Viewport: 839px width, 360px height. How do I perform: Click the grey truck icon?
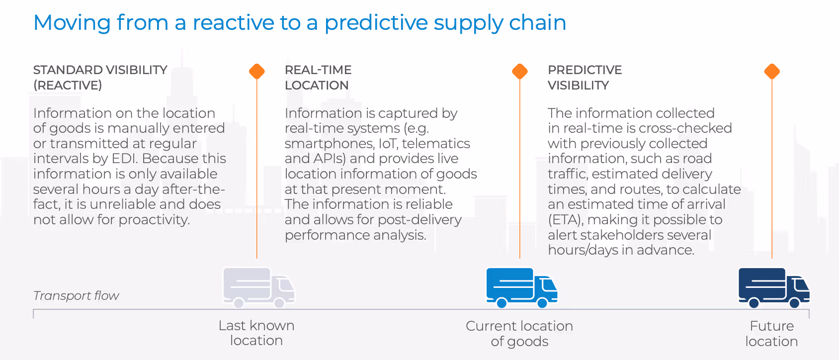tap(258, 287)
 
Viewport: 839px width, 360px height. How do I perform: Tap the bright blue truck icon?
tap(521, 287)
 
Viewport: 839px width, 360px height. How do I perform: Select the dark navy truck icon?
tap(773, 287)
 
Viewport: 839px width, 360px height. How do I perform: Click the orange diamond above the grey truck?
tap(257, 72)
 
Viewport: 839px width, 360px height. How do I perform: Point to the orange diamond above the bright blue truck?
tap(520, 72)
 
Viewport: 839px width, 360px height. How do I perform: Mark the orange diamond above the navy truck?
tap(772, 72)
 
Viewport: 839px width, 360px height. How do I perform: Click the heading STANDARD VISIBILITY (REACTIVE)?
tap(100, 78)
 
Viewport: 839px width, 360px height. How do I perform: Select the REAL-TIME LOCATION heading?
tap(318, 78)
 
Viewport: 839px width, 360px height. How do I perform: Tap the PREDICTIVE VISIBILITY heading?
tap(585, 78)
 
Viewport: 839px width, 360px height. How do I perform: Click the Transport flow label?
tap(76, 296)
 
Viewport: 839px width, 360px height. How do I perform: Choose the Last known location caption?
tap(256, 333)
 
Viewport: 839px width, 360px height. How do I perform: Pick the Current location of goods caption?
tap(519, 333)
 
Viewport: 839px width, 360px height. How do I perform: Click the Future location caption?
tap(771, 333)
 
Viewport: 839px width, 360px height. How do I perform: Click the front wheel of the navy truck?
tap(794, 302)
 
